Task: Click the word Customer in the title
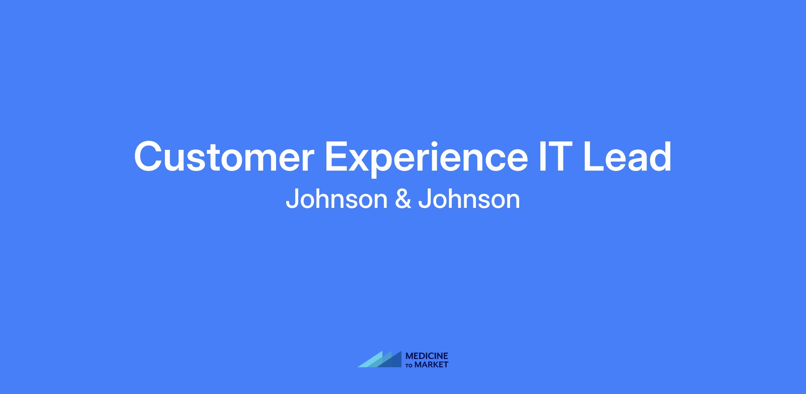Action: point(224,157)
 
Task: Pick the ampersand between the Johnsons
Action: point(403,199)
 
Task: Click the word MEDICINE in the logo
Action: point(427,356)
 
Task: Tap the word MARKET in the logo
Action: point(431,364)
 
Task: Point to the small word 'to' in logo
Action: point(409,365)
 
